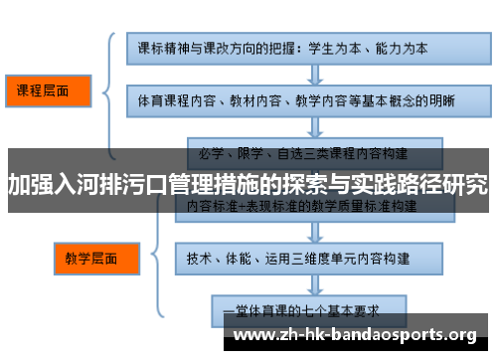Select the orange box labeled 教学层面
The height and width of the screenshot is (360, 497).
point(90,260)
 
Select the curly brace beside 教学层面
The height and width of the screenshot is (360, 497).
point(150,258)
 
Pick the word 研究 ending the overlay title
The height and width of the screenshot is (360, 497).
point(466,185)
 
